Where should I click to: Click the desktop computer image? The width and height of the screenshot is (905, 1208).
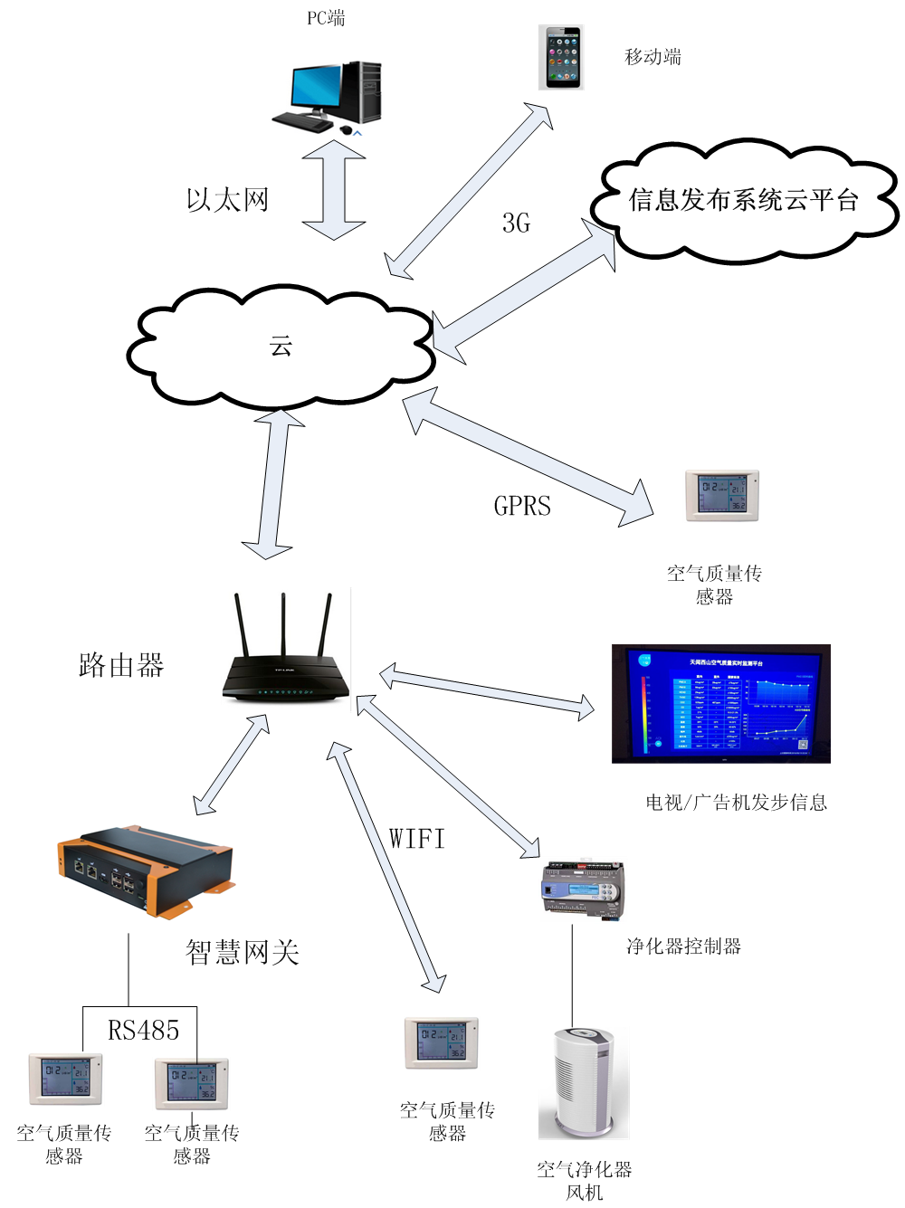pyautogui.click(x=329, y=97)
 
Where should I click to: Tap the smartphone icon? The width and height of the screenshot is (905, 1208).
pyautogui.click(x=561, y=57)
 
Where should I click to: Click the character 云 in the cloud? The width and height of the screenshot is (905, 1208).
pyautogui.click(x=281, y=346)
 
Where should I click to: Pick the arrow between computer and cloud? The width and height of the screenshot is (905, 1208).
pyautogui.click(x=334, y=190)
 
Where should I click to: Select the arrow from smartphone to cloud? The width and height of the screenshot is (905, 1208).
pyautogui.click(x=469, y=191)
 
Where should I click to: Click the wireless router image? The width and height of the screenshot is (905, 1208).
pyautogui.click(x=288, y=651)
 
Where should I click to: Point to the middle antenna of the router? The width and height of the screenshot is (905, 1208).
pyautogui.click(x=283, y=624)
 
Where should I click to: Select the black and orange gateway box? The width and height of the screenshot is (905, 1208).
pyautogui.click(x=147, y=872)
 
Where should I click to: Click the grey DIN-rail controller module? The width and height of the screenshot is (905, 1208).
pyautogui.click(x=585, y=889)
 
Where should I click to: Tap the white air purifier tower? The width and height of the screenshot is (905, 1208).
pyautogui.click(x=584, y=1082)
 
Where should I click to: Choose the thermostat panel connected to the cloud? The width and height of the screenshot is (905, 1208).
pyautogui.click(x=720, y=495)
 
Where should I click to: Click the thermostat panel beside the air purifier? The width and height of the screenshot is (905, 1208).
pyautogui.click(x=441, y=1042)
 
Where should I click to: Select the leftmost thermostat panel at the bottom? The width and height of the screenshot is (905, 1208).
pyautogui.click(x=65, y=1078)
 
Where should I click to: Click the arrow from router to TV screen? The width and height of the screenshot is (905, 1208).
pyautogui.click(x=487, y=691)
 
